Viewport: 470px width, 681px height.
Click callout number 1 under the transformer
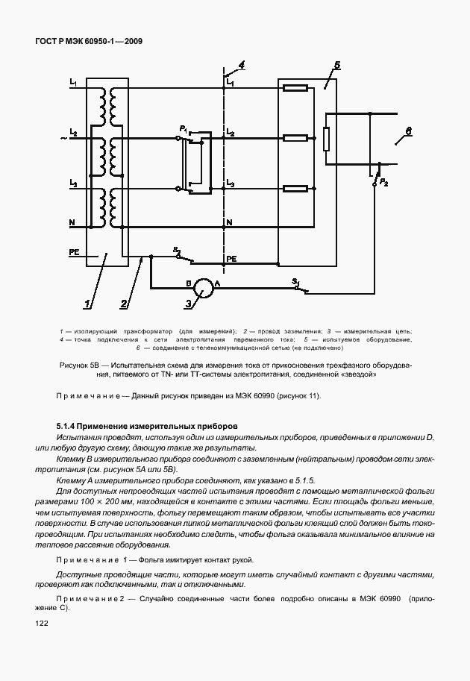(87, 304)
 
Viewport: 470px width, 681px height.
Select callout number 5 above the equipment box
(337, 66)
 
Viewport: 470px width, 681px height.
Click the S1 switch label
(295, 281)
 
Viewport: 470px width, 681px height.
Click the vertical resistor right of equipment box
(326, 139)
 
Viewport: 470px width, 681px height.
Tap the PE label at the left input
(74, 252)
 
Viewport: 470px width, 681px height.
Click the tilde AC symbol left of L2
(65, 138)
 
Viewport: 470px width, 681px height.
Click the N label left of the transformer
(72, 223)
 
